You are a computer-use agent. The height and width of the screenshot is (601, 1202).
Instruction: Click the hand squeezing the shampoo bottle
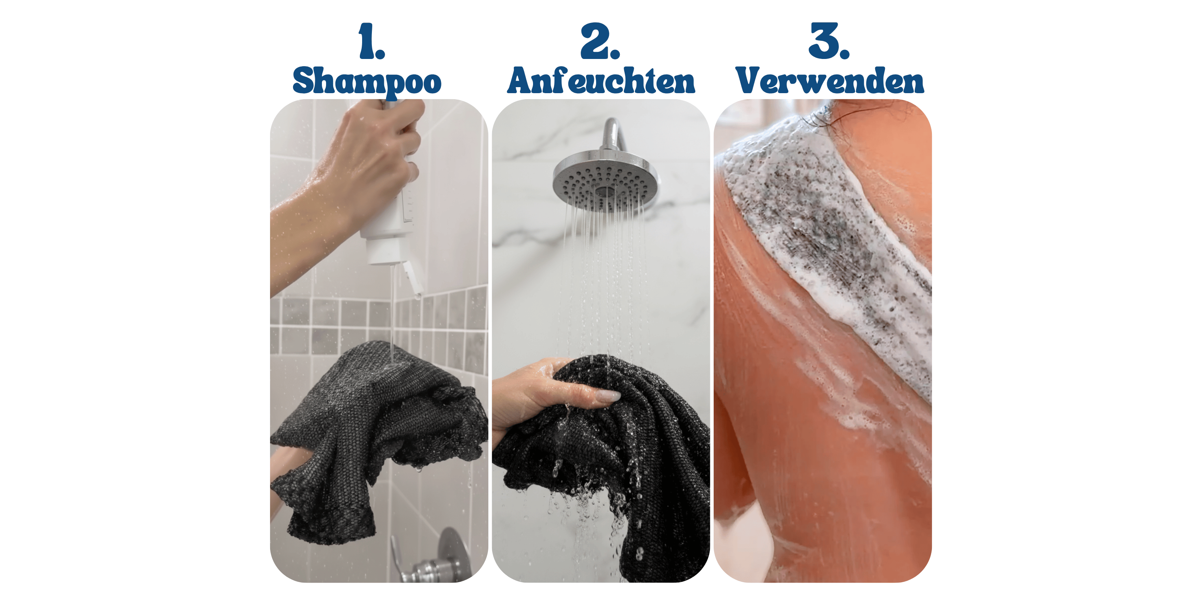pyautogui.click(x=373, y=154)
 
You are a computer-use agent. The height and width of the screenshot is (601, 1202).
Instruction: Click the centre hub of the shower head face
pyautogui.click(x=605, y=191)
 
